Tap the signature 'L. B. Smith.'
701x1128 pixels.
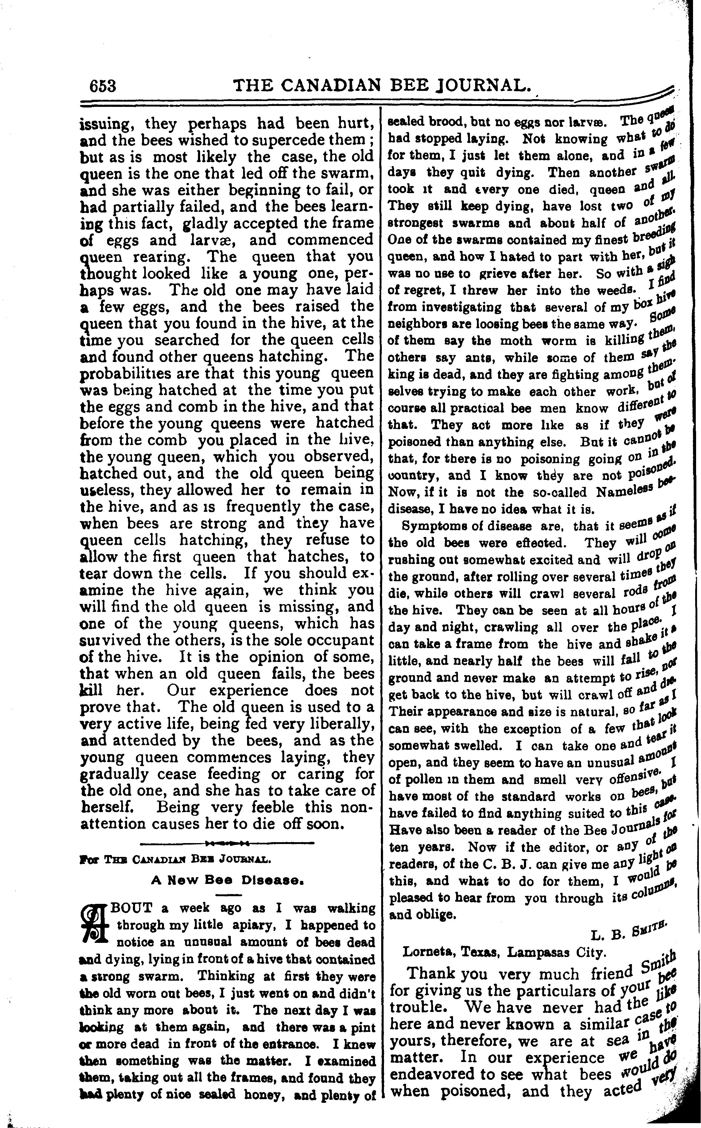coord(629,932)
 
